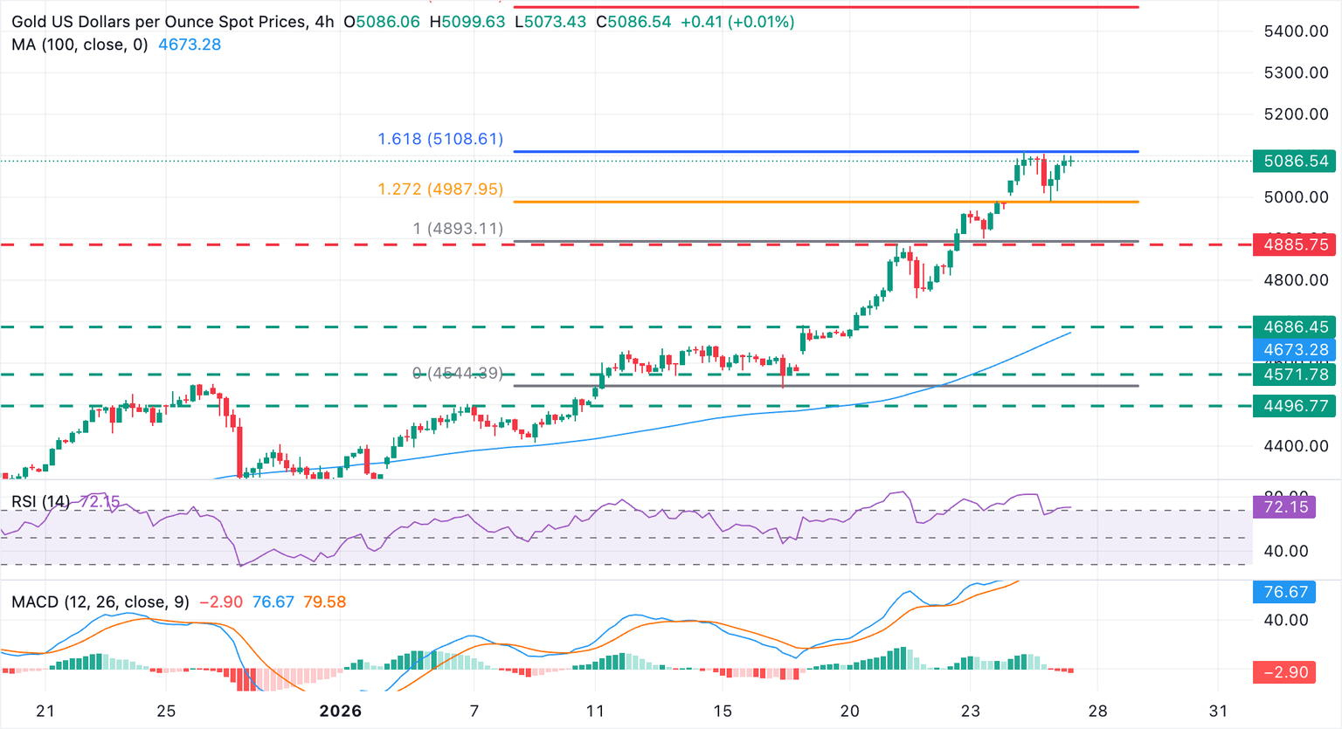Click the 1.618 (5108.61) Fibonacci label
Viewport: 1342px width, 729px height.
(440, 139)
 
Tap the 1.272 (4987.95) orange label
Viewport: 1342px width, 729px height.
(440, 189)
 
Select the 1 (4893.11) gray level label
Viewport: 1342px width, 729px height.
(458, 229)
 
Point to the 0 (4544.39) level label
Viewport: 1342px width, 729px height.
(458, 373)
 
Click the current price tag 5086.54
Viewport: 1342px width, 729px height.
(1295, 161)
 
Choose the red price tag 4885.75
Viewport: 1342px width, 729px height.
(1295, 244)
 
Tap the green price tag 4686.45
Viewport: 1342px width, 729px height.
(1295, 327)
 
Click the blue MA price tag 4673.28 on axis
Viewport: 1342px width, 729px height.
(1295, 350)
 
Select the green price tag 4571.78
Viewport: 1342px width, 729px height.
(1295, 375)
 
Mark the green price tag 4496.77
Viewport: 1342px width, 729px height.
(1295, 406)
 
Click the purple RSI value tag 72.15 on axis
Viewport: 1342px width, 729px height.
(1285, 506)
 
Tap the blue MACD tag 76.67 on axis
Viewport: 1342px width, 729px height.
(1285, 592)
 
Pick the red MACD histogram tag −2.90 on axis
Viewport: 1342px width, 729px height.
(1285, 672)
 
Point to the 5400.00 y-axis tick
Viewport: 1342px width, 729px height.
(1296, 31)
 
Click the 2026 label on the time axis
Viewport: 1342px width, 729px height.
(340, 711)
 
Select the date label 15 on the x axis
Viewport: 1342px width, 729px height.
(722, 711)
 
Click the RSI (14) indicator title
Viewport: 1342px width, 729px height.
(40, 502)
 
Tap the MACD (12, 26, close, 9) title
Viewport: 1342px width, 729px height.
(100, 602)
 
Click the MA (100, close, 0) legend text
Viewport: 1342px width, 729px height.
(80, 45)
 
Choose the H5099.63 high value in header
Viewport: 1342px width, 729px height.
(467, 22)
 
